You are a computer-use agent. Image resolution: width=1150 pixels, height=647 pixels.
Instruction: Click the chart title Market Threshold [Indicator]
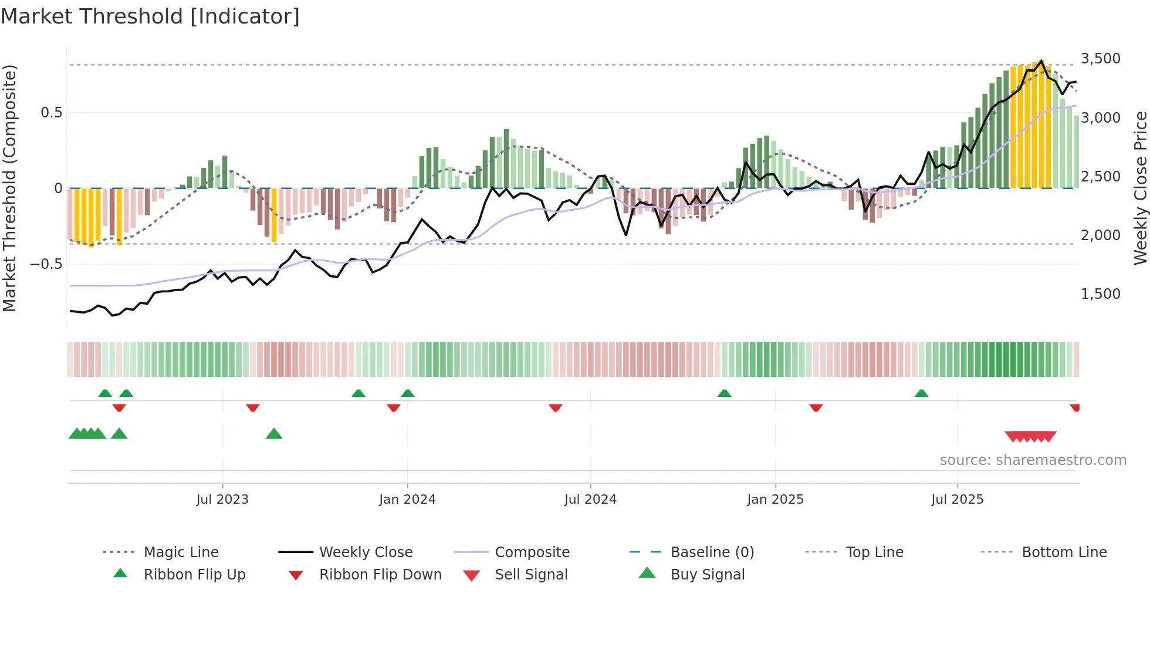pyautogui.click(x=150, y=16)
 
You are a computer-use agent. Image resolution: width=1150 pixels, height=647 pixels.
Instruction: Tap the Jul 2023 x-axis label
pyautogui.click(x=222, y=500)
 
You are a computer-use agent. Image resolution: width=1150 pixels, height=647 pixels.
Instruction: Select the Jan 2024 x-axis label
pyautogui.click(x=407, y=500)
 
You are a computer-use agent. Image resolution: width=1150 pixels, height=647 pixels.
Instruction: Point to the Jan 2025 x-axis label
pyautogui.click(x=775, y=500)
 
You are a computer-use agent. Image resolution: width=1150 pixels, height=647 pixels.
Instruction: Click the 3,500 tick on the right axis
pyautogui.click(x=1100, y=59)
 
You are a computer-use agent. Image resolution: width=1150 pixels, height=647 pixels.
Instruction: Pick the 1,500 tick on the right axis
pyautogui.click(x=1100, y=294)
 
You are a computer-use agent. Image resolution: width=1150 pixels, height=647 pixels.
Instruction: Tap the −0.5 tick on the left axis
pyautogui.click(x=46, y=264)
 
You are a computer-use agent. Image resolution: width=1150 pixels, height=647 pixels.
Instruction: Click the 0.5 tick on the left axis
pyautogui.click(x=51, y=113)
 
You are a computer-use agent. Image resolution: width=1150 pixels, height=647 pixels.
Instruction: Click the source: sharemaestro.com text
pyautogui.click(x=1033, y=460)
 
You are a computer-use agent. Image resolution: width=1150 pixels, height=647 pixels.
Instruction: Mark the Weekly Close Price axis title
pyautogui.click(x=1140, y=188)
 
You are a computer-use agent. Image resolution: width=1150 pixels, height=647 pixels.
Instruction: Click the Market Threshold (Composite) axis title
pyautogui.click(x=9, y=188)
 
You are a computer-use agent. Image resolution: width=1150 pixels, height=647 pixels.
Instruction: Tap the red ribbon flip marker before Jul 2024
pyautogui.click(x=556, y=407)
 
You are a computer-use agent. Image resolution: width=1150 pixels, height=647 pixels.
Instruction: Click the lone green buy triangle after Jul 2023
pyautogui.click(x=274, y=434)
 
